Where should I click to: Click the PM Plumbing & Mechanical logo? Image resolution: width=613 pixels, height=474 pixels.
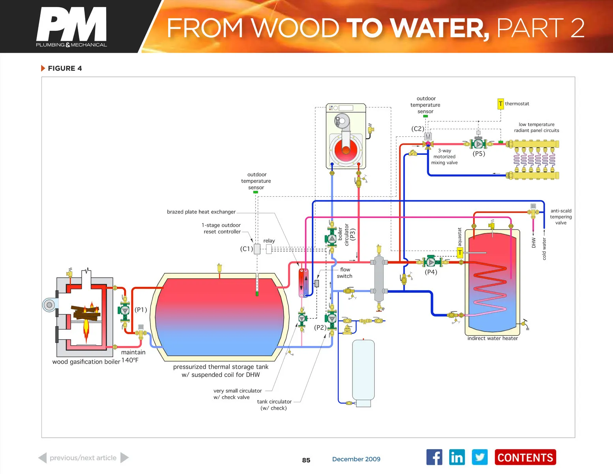[x=71, y=27]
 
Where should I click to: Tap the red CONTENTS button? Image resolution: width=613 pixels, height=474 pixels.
[x=525, y=457]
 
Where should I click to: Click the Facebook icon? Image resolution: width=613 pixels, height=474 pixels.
[x=434, y=457]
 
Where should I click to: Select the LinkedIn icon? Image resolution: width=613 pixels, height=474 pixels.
[x=457, y=457]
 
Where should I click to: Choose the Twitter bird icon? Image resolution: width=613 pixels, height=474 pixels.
[x=480, y=457]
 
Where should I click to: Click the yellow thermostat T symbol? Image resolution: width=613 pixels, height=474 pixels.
[x=501, y=104]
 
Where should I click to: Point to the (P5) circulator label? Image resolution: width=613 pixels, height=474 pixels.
[x=479, y=154]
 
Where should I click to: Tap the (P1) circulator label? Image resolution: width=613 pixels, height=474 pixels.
[x=141, y=310]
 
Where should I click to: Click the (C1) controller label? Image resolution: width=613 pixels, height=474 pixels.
[x=246, y=249]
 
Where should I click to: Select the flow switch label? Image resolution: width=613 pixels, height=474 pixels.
[x=345, y=273]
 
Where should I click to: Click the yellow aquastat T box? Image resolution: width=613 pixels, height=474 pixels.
[x=460, y=252]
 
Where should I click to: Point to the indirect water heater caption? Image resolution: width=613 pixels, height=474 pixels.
[x=493, y=338]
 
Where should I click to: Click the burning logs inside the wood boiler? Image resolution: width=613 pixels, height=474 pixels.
[x=86, y=313]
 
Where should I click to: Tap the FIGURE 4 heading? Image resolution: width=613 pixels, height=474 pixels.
[x=65, y=68]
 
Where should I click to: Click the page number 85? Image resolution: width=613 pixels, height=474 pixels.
[x=306, y=460]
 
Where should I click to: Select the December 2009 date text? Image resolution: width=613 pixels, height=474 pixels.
[x=356, y=459]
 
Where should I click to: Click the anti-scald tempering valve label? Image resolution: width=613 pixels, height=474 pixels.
[x=561, y=217]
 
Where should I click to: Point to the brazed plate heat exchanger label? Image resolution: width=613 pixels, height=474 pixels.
[x=201, y=212]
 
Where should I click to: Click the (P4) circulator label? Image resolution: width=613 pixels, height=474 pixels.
[x=431, y=272]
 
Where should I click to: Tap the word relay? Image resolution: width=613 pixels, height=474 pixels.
[x=269, y=241]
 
